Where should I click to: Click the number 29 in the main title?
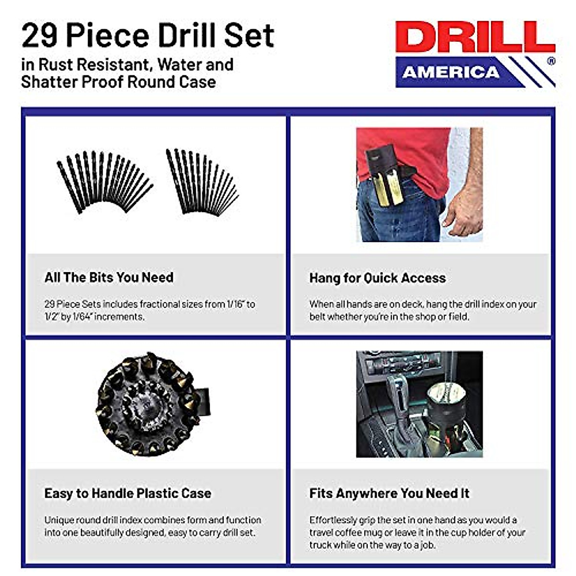point(39,36)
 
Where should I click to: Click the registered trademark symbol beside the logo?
point(551,61)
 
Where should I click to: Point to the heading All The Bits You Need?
point(109,277)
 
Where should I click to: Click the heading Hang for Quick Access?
point(377,278)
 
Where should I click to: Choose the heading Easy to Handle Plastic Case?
point(128,493)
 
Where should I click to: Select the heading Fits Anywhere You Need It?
point(389,493)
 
